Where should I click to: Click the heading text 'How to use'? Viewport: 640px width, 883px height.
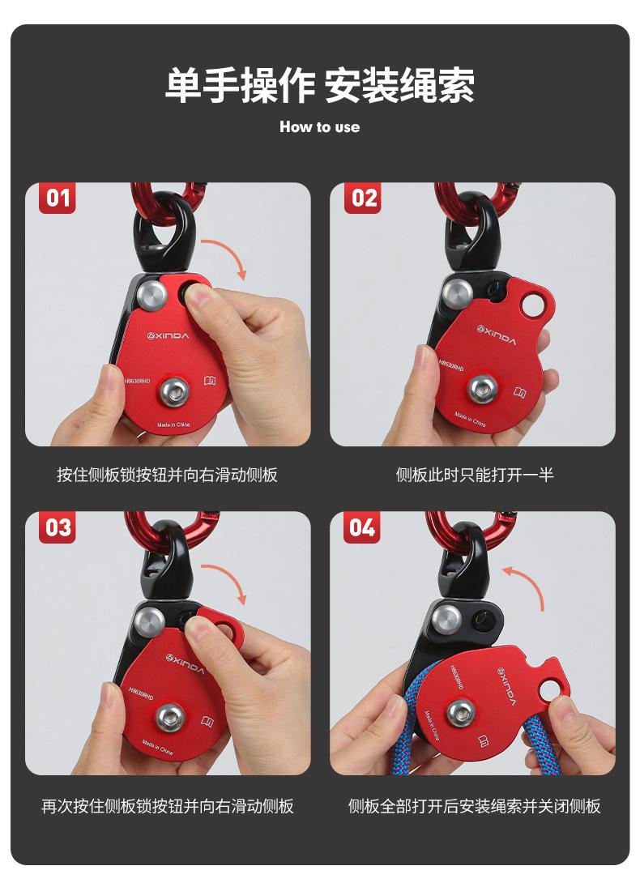click(x=319, y=126)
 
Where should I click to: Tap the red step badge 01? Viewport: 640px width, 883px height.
click(x=57, y=198)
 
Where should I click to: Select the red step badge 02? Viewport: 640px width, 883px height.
click(x=363, y=198)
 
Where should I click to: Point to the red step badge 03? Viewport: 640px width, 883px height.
click(x=57, y=527)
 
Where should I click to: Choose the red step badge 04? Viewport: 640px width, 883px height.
click(x=362, y=527)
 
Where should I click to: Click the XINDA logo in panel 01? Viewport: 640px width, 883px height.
click(x=168, y=336)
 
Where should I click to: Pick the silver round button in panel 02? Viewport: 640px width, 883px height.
click(x=457, y=292)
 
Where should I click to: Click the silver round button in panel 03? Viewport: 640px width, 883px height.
click(x=149, y=621)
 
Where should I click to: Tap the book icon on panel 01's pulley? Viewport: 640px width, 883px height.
click(x=209, y=381)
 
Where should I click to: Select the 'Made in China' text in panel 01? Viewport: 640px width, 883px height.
click(x=173, y=424)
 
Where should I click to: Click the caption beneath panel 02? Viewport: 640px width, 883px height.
click(x=475, y=475)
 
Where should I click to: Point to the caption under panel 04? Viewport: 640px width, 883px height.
click(x=475, y=806)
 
